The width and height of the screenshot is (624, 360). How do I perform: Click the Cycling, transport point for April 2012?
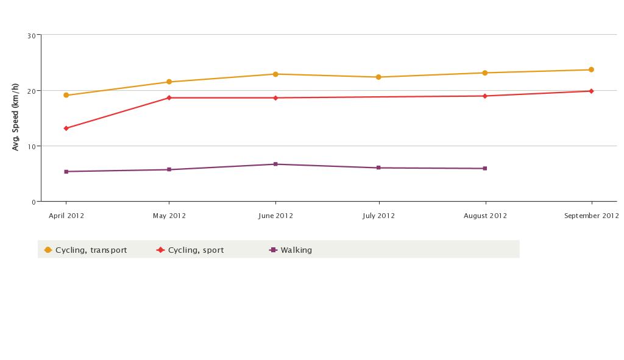pos(66,96)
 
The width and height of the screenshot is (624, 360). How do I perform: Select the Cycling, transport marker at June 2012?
pos(275,74)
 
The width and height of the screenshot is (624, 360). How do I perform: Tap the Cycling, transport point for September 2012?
pos(591,70)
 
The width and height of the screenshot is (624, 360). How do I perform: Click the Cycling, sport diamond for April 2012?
pos(66,129)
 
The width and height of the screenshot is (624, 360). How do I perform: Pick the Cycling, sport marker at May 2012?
pos(169,98)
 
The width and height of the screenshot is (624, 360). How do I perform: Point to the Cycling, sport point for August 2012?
pos(485,96)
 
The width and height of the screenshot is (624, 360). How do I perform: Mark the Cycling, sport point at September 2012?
pos(591,91)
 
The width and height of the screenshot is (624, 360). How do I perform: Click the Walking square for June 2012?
pos(275,164)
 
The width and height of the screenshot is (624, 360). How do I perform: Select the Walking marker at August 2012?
pos(485,169)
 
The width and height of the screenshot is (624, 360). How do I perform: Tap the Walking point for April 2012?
pos(66,172)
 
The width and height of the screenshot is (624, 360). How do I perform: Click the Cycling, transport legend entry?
pos(85,250)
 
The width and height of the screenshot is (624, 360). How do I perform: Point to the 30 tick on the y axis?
pos(31,36)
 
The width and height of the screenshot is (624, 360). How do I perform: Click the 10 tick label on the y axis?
pos(31,147)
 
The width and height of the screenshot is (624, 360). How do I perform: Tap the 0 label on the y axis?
pos(33,202)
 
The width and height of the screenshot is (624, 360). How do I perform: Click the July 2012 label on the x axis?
pos(378,216)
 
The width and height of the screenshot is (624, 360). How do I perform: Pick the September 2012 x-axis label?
pos(590,216)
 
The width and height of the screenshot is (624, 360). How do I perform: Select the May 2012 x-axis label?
pos(169,216)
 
